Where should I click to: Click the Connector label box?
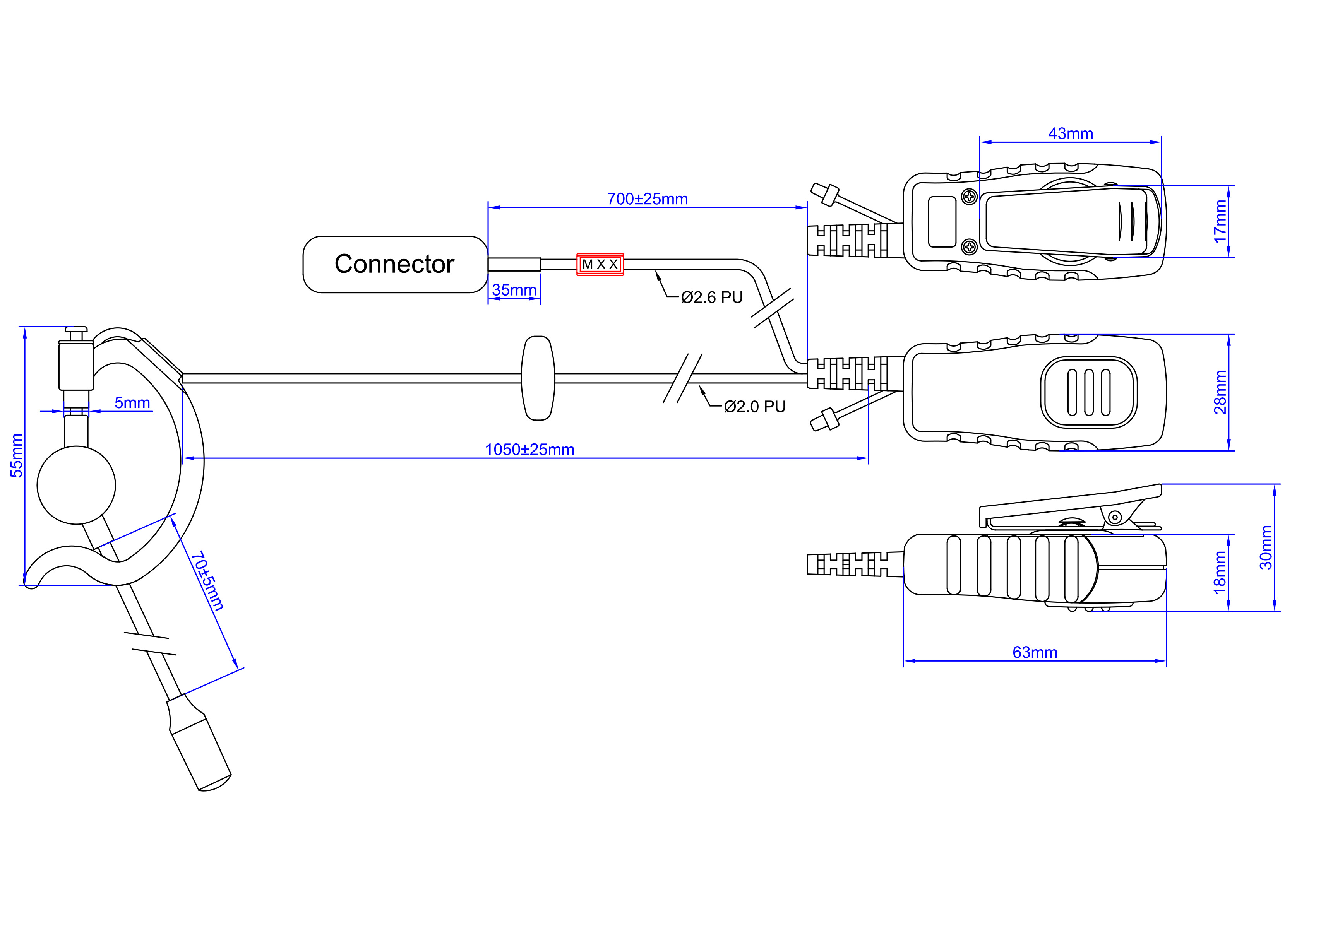tap(395, 264)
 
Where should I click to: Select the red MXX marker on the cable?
tap(600, 264)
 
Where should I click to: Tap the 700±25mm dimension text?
tap(647, 199)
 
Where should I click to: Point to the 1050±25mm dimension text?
tap(529, 450)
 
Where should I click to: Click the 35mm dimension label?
tap(514, 290)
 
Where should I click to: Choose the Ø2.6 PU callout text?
tap(712, 298)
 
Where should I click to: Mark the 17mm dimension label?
tap(1220, 221)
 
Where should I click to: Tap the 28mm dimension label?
tap(1220, 392)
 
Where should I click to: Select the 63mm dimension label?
tap(1035, 652)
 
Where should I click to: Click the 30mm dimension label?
tap(1266, 547)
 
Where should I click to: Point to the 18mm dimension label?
tap(1220, 573)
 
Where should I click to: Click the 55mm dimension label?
tap(17, 456)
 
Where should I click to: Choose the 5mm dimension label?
tap(132, 403)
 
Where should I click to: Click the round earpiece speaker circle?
tap(76, 485)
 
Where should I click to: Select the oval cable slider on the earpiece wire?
tap(538, 378)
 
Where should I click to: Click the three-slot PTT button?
tap(1088, 392)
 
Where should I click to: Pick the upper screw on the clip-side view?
tap(970, 197)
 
